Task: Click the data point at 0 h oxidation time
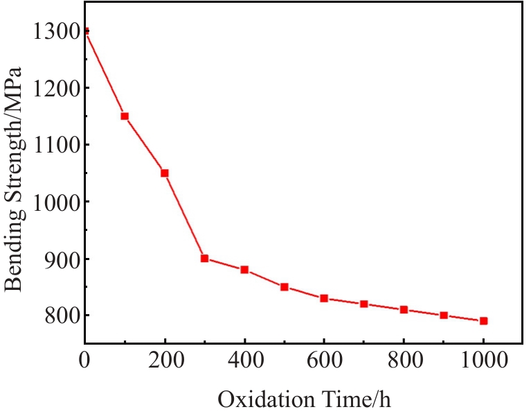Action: [x=85, y=31]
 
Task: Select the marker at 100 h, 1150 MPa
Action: [x=125, y=116]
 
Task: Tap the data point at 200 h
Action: [x=165, y=173]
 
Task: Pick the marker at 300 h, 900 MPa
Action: [x=205, y=258]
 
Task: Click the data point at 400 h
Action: [x=244, y=269]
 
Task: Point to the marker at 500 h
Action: [x=285, y=286]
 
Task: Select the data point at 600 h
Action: [x=324, y=298]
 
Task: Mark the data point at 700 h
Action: [x=364, y=304]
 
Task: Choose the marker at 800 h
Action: [x=404, y=309]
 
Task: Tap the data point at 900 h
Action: [x=444, y=315]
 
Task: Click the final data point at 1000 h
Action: [x=484, y=320]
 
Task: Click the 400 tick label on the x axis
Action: [x=244, y=361]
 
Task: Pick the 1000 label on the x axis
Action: [x=484, y=361]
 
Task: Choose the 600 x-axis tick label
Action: [x=324, y=361]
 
